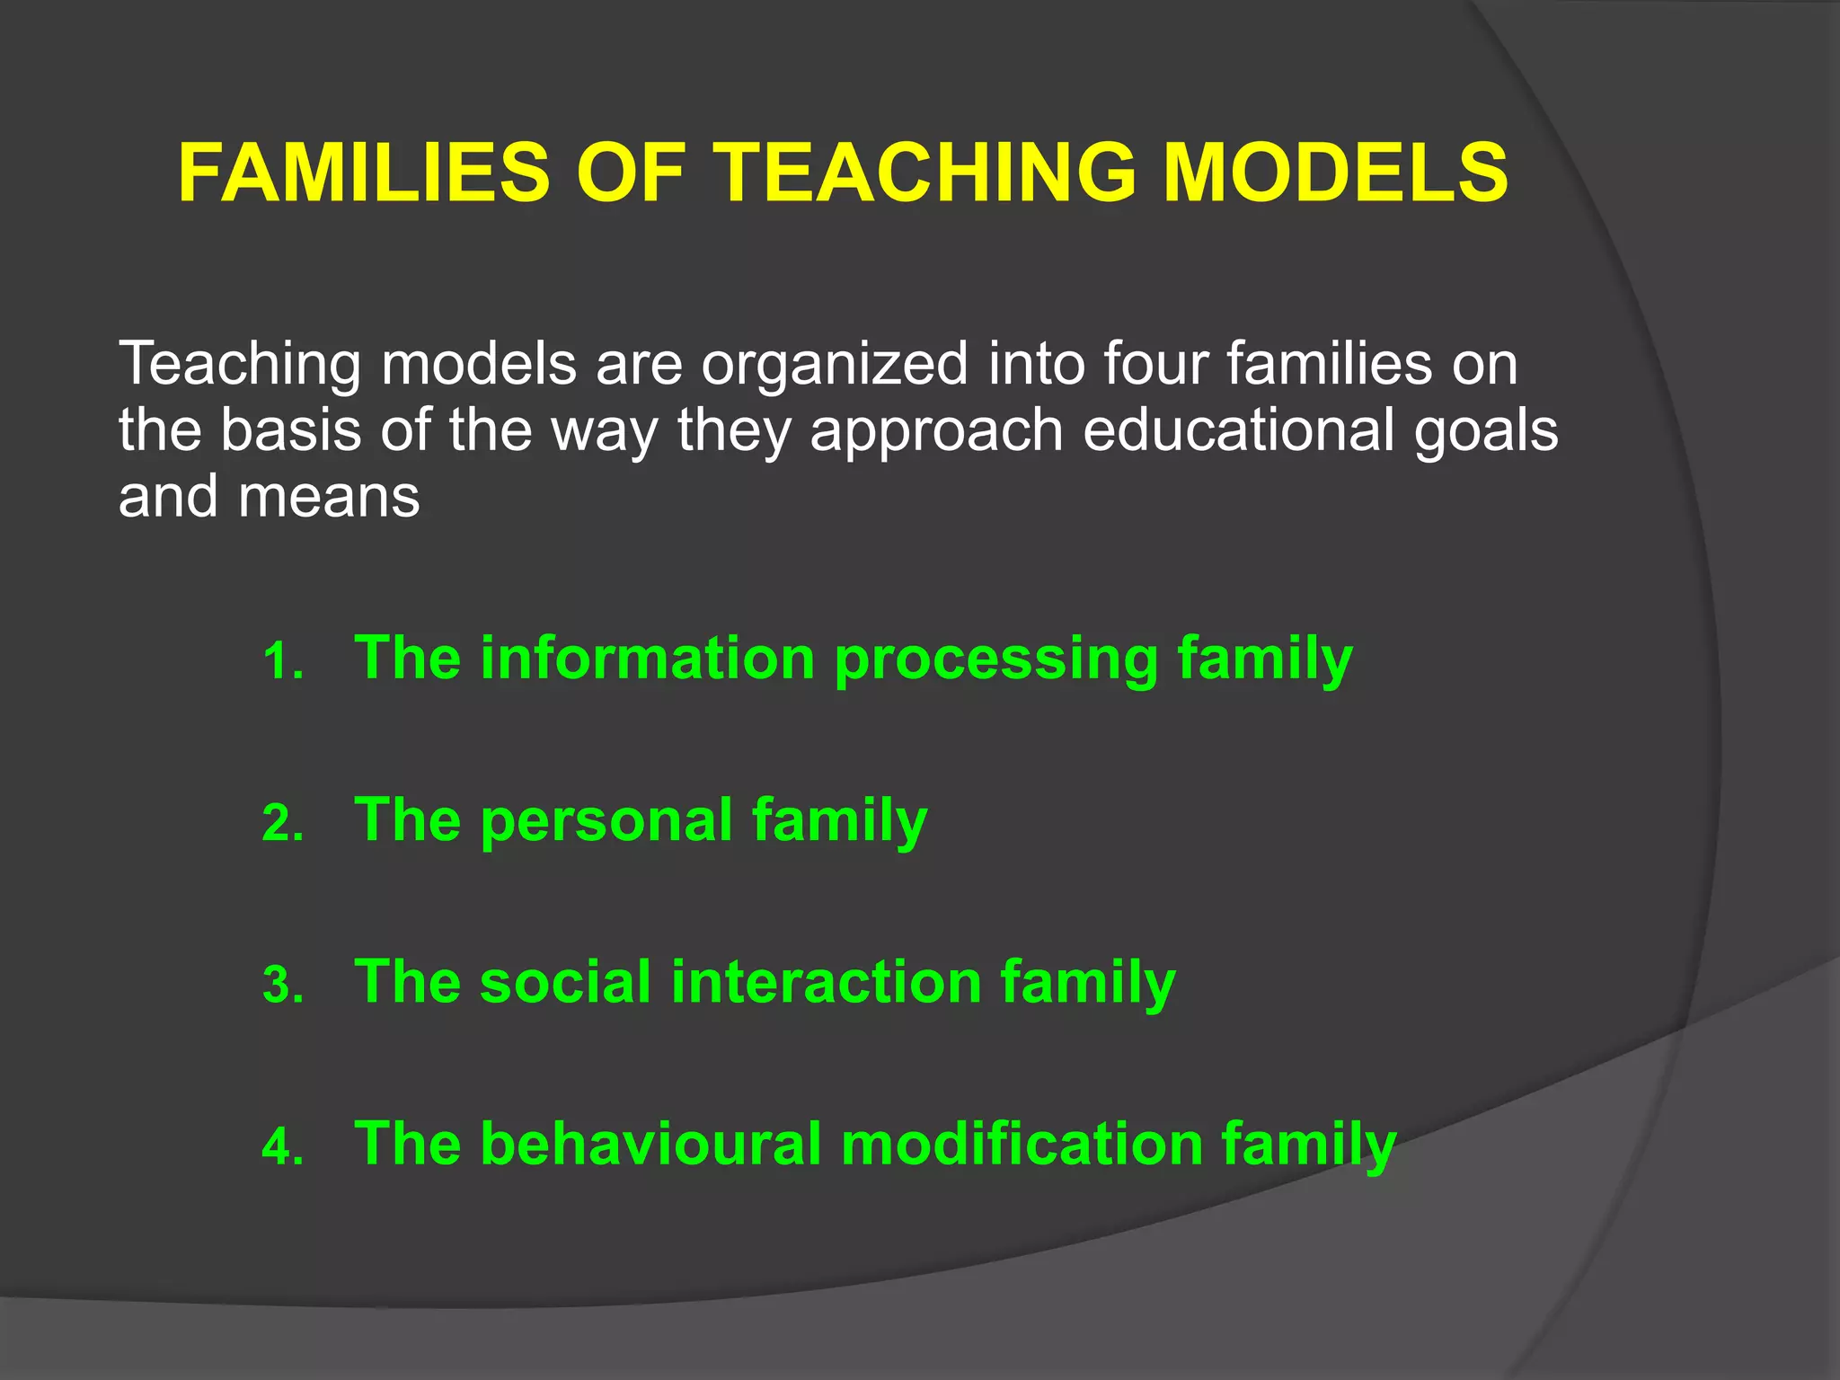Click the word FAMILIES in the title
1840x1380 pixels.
(x=364, y=172)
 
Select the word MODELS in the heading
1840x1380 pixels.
(x=1335, y=172)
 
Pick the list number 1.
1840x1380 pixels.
(x=282, y=663)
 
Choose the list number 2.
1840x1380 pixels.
(x=282, y=824)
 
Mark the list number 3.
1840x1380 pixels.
(x=282, y=986)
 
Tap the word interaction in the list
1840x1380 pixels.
(x=826, y=981)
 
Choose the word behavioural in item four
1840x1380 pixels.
(x=650, y=1144)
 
